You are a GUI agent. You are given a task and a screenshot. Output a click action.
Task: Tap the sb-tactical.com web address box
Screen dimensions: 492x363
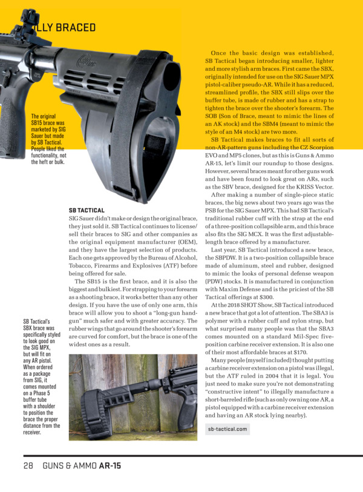tap(227, 429)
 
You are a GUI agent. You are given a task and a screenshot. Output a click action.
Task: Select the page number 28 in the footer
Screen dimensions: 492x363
tap(28, 466)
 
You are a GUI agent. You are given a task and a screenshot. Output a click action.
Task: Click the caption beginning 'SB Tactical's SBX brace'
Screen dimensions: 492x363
tap(41, 377)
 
